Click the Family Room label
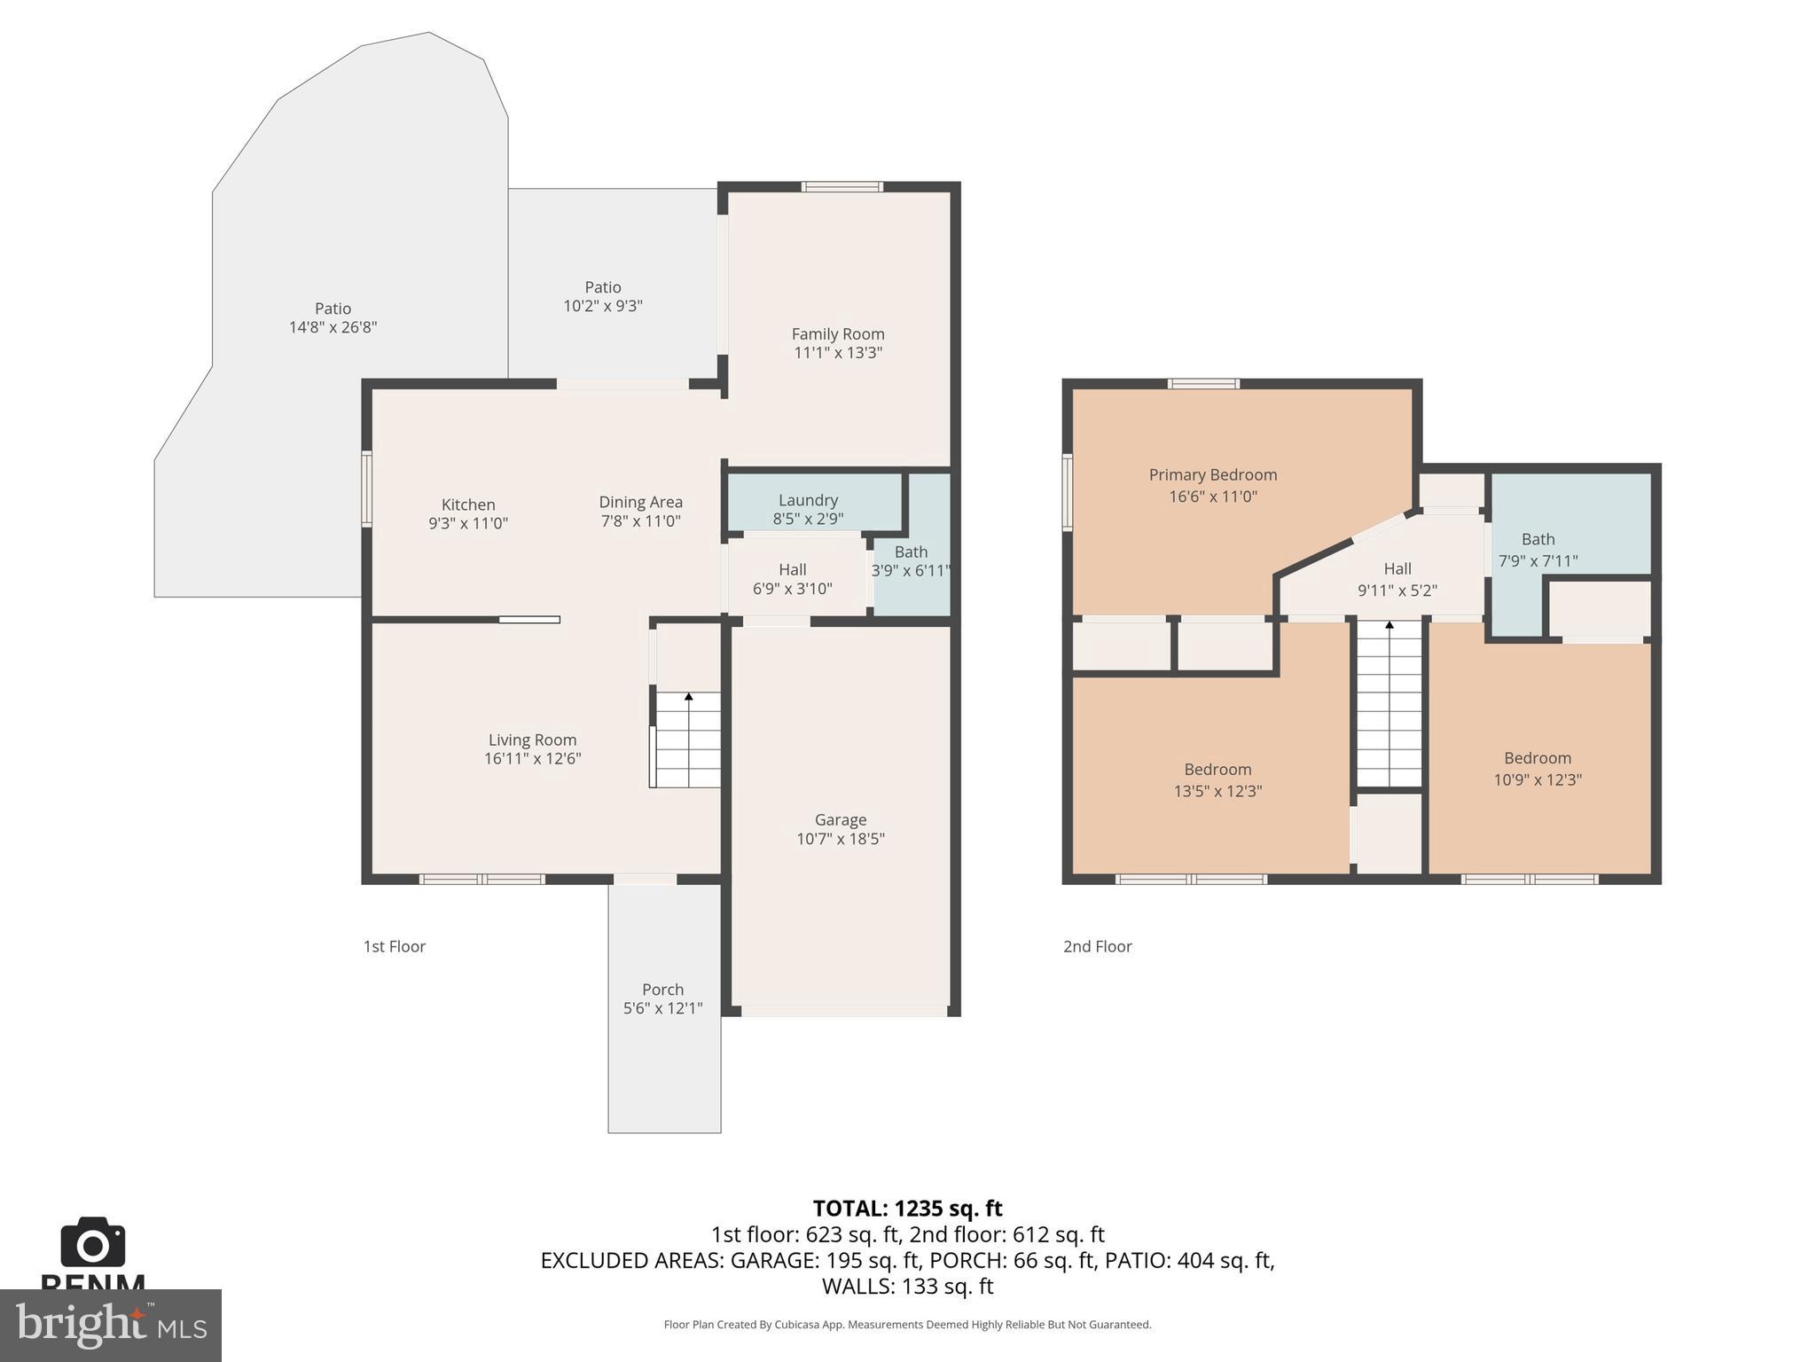pos(837,334)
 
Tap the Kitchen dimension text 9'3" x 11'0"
pos(468,523)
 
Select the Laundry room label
pos(808,500)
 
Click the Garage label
pos(840,820)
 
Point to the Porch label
pos(662,990)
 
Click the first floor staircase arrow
pos(689,697)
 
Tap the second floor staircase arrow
pos(1389,626)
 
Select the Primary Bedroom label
pos(1212,475)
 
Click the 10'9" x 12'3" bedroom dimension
pos(1538,780)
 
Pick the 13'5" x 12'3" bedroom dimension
pos(1217,791)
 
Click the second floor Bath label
pos(1538,539)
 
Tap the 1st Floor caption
pos(394,946)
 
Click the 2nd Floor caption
pos(1097,946)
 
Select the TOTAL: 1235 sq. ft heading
pos(907,1209)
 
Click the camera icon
pos(92,1242)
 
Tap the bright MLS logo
pos(110,1325)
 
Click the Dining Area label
pos(640,502)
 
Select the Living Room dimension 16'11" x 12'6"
pos(532,759)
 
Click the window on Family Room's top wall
pos(841,186)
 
